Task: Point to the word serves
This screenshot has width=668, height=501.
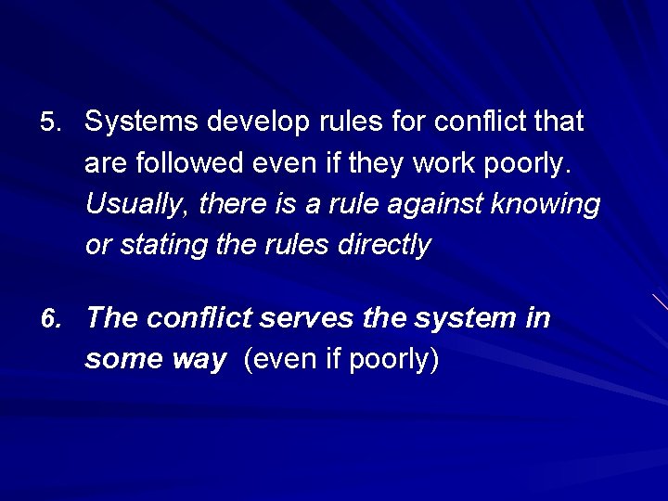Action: tap(306, 319)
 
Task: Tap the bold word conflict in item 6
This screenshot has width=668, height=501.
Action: tap(199, 319)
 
